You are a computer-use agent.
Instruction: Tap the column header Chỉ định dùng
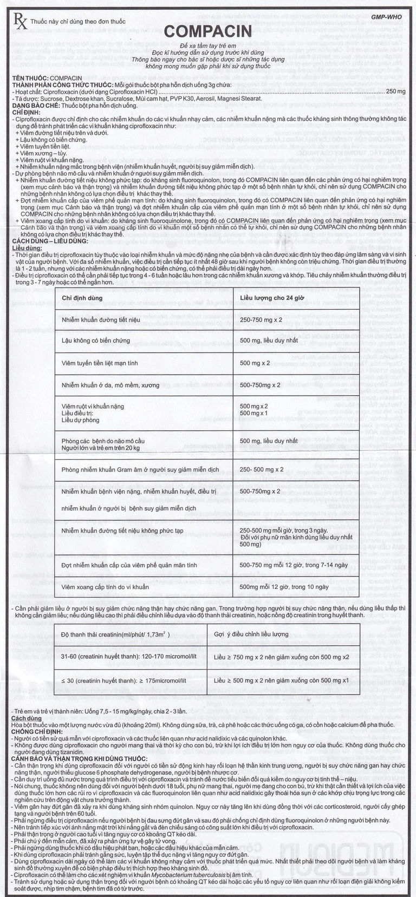click(82, 298)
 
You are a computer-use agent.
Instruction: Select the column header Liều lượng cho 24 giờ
click(274, 298)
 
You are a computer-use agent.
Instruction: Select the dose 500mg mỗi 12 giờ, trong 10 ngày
click(284, 586)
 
